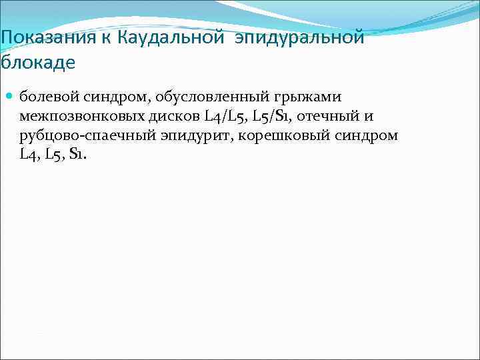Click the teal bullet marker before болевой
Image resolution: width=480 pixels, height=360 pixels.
pos(10,97)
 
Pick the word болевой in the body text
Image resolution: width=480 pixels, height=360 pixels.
pos(45,97)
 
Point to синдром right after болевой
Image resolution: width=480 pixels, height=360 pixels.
pos(113,97)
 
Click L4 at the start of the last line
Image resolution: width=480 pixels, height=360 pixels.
pos(28,155)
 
